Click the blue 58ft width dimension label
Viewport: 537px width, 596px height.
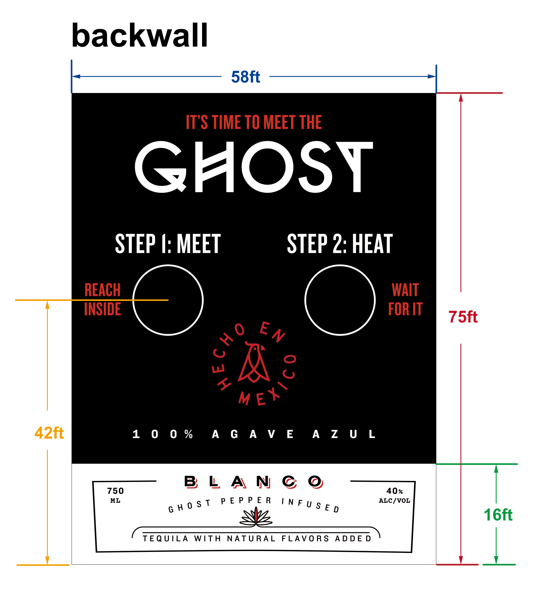(246, 77)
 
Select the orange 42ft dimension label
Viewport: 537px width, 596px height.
(49, 433)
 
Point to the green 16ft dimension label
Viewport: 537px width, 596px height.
(498, 515)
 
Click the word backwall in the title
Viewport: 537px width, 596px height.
(140, 35)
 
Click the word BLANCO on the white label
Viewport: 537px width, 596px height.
(254, 482)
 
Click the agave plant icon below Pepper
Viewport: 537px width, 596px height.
(256, 517)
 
